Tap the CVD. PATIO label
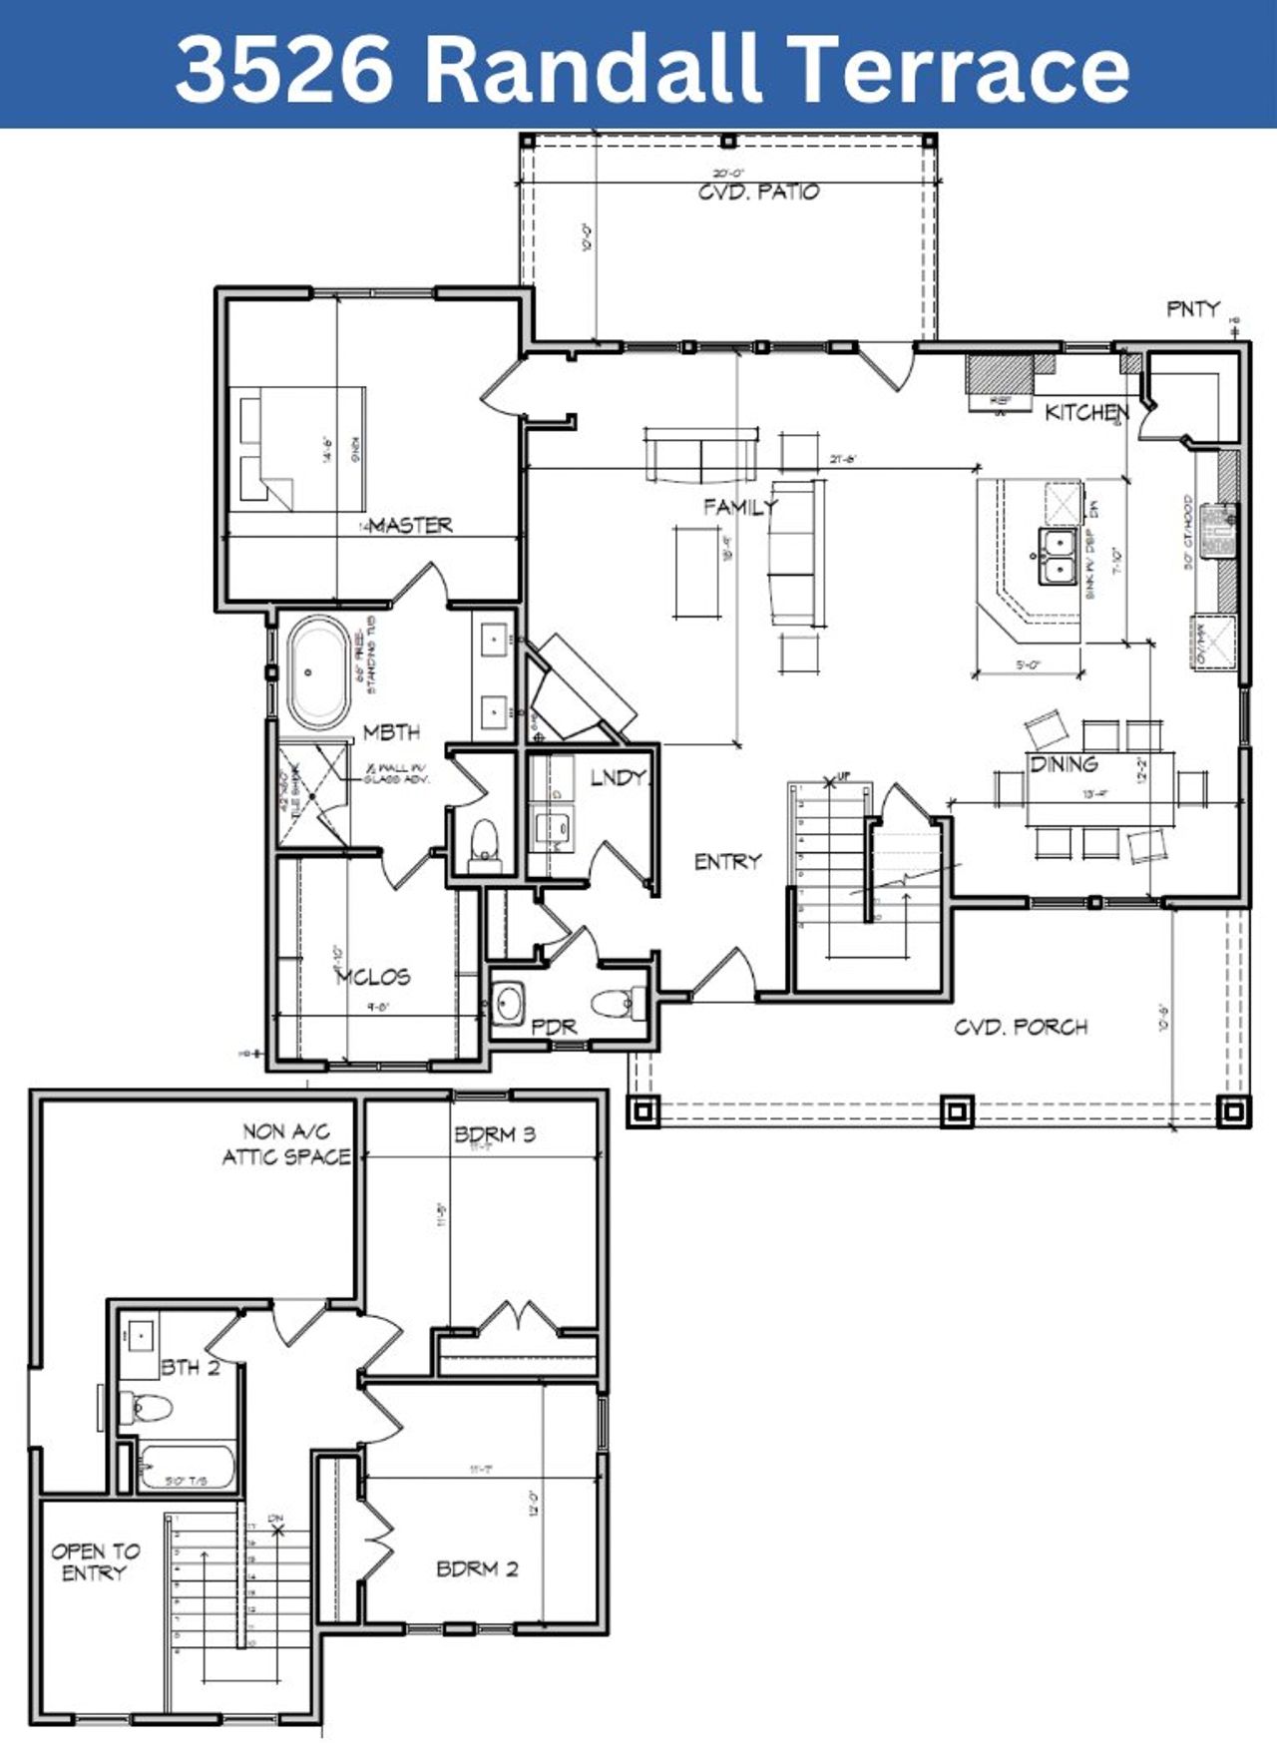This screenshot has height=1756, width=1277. [758, 192]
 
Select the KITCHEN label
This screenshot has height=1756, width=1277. [1086, 412]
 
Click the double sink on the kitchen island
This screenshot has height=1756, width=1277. [1057, 556]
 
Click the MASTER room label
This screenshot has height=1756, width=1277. [410, 525]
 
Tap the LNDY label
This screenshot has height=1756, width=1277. [618, 778]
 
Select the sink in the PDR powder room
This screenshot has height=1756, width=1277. [509, 1003]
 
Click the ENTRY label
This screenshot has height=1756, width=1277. [727, 861]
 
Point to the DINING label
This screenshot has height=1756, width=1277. [1064, 764]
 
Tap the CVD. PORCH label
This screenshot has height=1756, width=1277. [1020, 1027]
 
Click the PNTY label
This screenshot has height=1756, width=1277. [1193, 309]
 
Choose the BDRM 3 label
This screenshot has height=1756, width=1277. [495, 1134]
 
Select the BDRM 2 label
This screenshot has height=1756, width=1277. [477, 1569]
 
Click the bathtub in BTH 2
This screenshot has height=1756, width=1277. [187, 1467]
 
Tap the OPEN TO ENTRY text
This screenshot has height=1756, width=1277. [96, 1562]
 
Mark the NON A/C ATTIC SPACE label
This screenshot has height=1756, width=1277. [286, 1144]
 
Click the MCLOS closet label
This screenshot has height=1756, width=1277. [372, 977]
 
